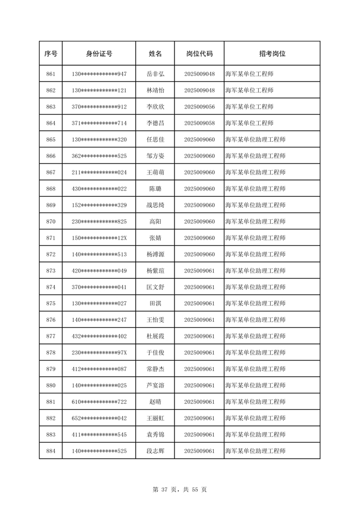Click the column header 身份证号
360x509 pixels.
coord(99,54)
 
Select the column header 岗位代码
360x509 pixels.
coord(199,54)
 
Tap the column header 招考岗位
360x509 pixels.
coord(272,54)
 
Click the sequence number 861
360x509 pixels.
coord(51,74)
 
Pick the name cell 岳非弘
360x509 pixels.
coord(155,74)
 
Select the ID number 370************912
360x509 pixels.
coord(99,106)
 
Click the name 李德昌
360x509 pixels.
coord(155,123)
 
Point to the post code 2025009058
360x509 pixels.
coord(199,123)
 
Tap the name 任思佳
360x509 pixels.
coord(155,140)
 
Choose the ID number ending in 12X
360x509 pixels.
coord(99,238)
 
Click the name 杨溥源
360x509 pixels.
coord(155,254)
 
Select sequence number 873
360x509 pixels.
coord(51,271)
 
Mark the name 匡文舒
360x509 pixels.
coord(155,287)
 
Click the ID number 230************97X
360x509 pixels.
coord(99,353)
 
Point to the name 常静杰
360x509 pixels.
coord(155,369)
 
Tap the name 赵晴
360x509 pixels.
coord(155,402)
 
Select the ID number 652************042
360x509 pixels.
coord(99,418)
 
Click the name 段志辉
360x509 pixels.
coord(155,451)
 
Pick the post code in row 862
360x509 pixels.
coord(199,90)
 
